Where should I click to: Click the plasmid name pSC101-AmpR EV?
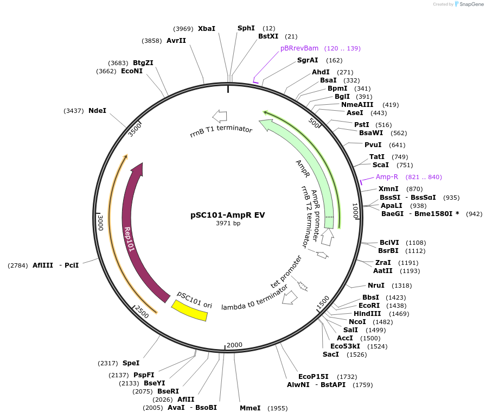click(228, 214)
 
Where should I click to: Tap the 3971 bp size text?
click(228, 223)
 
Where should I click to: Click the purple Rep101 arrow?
click(130, 228)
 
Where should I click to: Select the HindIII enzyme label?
click(367, 314)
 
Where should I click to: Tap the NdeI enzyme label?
click(97, 111)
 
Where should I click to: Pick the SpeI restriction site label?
click(131, 363)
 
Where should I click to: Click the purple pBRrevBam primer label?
click(299, 48)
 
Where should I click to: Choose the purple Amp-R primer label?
click(387, 177)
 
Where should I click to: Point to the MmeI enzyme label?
click(250, 408)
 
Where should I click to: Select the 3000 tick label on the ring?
click(100, 223)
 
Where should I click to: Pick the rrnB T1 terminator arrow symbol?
click(219, 116)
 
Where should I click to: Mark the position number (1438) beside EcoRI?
click(396, 306)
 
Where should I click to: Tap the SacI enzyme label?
click(330, 354)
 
